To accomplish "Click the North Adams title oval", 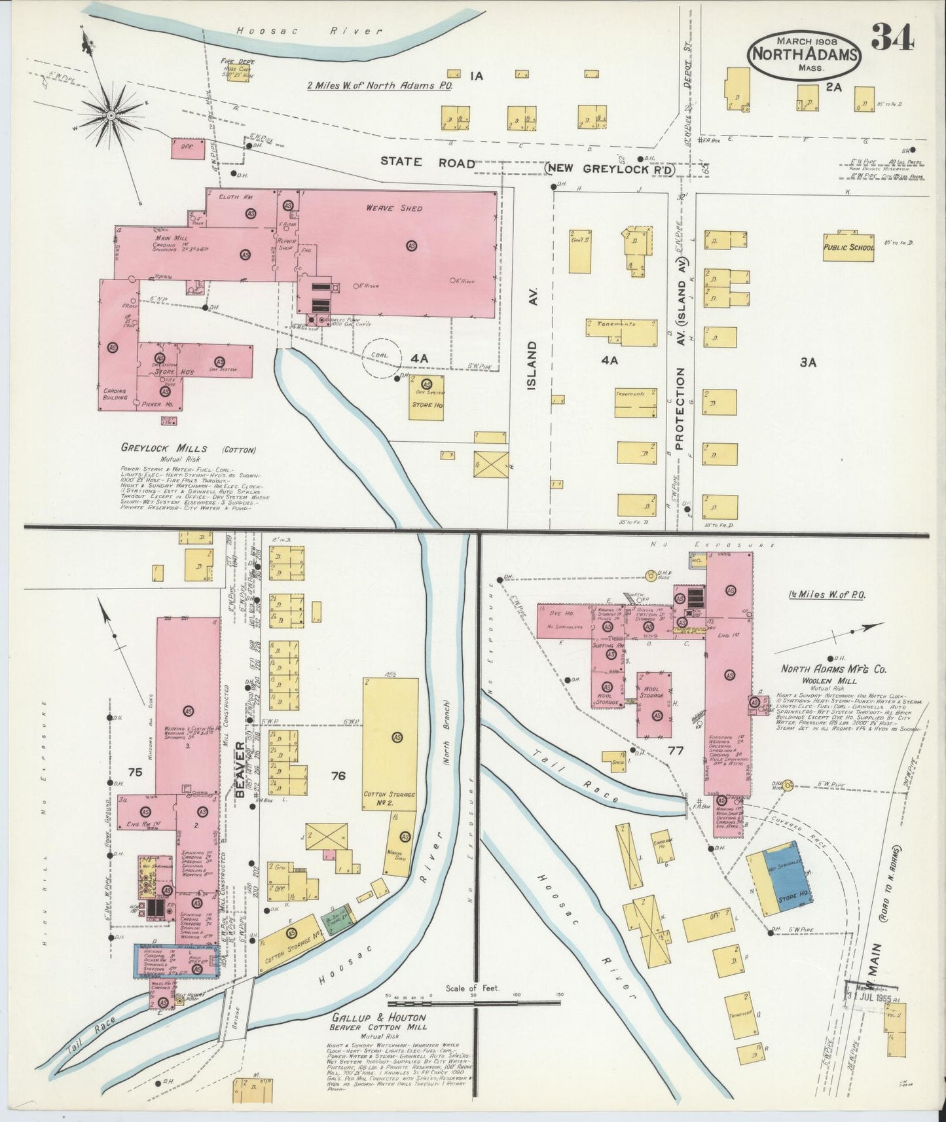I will click(x=805, y=54).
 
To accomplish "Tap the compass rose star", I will click(x=112, y=116).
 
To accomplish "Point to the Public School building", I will click(x=848, y=247).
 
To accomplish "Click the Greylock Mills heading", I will click(x=164, y=448).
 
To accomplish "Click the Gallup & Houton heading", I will click(x=378, y=1018).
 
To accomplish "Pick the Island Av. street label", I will click(x=532, y=365).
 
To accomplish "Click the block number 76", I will click(x=338, y=776).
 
